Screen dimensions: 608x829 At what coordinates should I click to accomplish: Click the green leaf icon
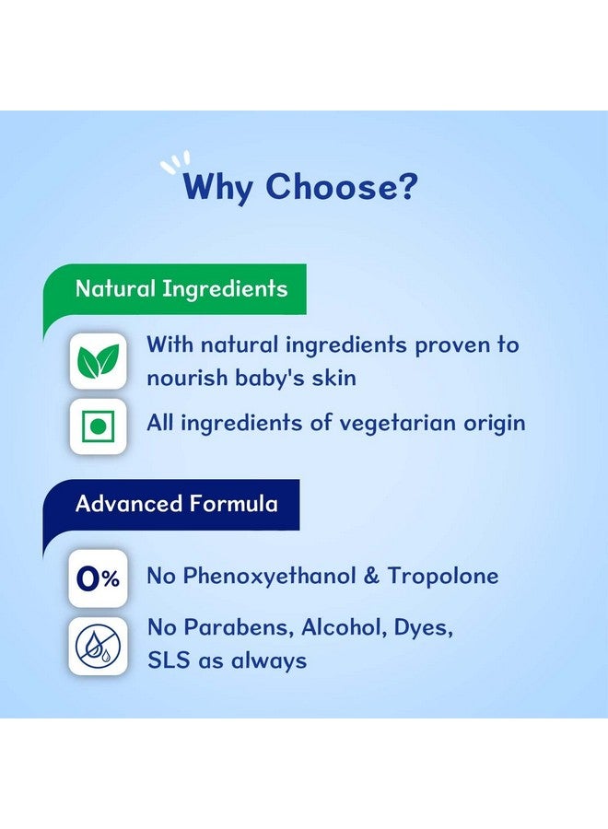pos(99,360)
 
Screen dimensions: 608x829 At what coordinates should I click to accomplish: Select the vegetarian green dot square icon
pos(99,426)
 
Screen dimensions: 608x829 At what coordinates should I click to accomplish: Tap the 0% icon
pos(98,579)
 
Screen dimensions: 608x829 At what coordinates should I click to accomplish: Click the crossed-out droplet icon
pos(98,646)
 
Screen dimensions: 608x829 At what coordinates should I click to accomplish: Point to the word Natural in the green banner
pos(115,288)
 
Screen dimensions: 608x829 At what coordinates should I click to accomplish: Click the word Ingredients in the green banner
pos(225,290)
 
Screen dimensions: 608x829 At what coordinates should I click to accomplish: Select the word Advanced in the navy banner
pos(129,503)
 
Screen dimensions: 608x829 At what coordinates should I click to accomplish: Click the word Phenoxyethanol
pos(269,577)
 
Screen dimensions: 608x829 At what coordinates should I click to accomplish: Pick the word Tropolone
pos(443,577)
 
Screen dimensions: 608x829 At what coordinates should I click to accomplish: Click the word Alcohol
pos(344,627)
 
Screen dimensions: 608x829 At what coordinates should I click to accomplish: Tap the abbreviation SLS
pos(169,660)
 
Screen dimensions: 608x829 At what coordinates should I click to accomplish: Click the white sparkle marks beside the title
pos(176,162)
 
